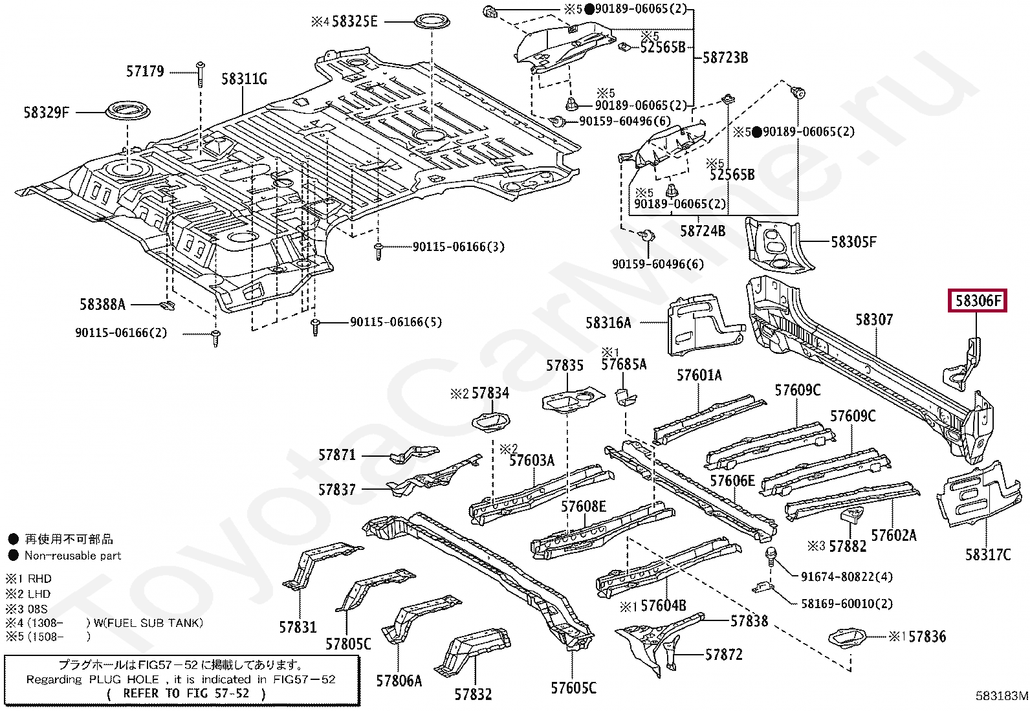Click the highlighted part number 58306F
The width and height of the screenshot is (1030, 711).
pos(978,301)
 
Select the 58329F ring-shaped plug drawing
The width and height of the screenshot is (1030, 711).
pos(128,112)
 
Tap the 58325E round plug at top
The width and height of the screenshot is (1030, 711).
pos(432,21)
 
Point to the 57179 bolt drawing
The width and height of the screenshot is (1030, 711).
pos(201,74)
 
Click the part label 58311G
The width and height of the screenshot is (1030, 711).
pos(244,79)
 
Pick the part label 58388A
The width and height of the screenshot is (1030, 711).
pos(102,305)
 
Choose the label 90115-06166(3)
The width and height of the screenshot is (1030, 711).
pos(459,247)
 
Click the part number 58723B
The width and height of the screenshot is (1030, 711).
pos(725,58)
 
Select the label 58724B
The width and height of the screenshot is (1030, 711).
pos(703,231)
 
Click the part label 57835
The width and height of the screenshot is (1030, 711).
pos(565,366)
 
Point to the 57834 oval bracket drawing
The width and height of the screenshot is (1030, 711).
pos(491,422)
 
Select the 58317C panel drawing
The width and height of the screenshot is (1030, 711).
pos(978,494)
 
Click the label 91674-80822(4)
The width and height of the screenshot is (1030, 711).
pos(846,576)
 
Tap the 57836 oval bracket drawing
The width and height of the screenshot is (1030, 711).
pos(846,638)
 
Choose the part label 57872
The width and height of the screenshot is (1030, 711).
pos(724,655)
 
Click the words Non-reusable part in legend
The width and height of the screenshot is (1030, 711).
pos(72,556)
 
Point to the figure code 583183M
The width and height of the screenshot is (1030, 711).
pos(1002,696)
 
